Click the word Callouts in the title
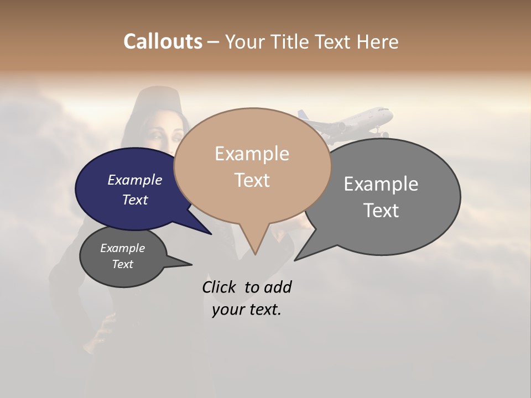(x=163, y=41)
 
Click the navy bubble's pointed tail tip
(x=211, y=234)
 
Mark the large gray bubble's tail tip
(x=295, y=260)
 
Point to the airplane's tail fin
(x=303, y=116)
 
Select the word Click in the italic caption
(x=220, y=287)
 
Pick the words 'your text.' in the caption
(x=247, y=310)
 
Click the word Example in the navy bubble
(x=135, y=180)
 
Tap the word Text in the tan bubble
(x=252, y=180)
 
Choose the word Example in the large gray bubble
(x=381, y=184)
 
